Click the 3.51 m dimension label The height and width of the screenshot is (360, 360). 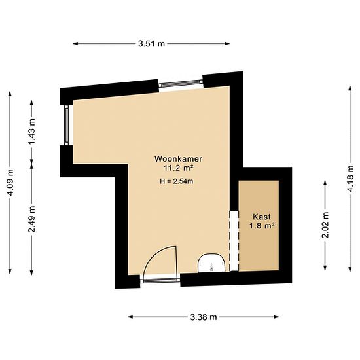pyautogui.click(x=152, y=43)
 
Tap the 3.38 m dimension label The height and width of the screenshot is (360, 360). pyautogui.click(x=204, y=317)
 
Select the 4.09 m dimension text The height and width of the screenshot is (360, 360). pyautogui.click(x=10, y=183)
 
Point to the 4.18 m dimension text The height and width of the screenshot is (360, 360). pyautogui.click(x=350, y=179)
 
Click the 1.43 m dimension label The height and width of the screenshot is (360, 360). pyautogui.click(x=32, y=132)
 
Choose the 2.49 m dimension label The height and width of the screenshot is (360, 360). pyautogui.click(x=32, y=219)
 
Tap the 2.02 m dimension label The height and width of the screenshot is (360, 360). pyautogui.click(x=325, y=225)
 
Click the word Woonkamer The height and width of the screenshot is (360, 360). pyautogui.click(x=179, y=159)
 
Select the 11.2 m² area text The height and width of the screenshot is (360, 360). pyautogui.click(x=178, y=168)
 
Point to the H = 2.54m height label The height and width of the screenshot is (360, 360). pyautogui.click(x=177, y=181)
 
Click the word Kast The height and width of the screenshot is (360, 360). pyautogui.click(x=262, y=217)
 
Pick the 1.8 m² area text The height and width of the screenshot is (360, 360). pyautogui.click(x=262, y=226)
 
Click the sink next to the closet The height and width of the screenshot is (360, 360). pyautogui.click(x=211, y=263)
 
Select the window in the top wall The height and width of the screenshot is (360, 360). pyautogui.click(x=181, y=84)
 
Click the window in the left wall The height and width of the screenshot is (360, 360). pyautogui.click(x=66, y=126)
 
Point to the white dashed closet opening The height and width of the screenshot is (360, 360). pyautogui.click(x=234, y=241)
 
